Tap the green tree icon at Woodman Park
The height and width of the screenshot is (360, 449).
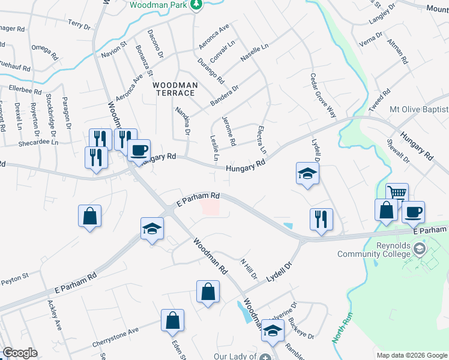tap(196, 5)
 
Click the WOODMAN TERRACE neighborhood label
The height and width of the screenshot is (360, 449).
tap(175, 89)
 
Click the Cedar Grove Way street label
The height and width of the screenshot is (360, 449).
tap(322, 96)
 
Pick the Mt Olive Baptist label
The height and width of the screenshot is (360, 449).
tap(418, 109)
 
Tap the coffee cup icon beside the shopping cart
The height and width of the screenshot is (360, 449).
tap(413, 211)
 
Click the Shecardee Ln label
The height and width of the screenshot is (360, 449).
tap(37, 143)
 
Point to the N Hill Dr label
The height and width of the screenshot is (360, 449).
tap(249, 268)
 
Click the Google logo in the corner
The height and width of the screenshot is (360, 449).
tap(19, 353)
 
